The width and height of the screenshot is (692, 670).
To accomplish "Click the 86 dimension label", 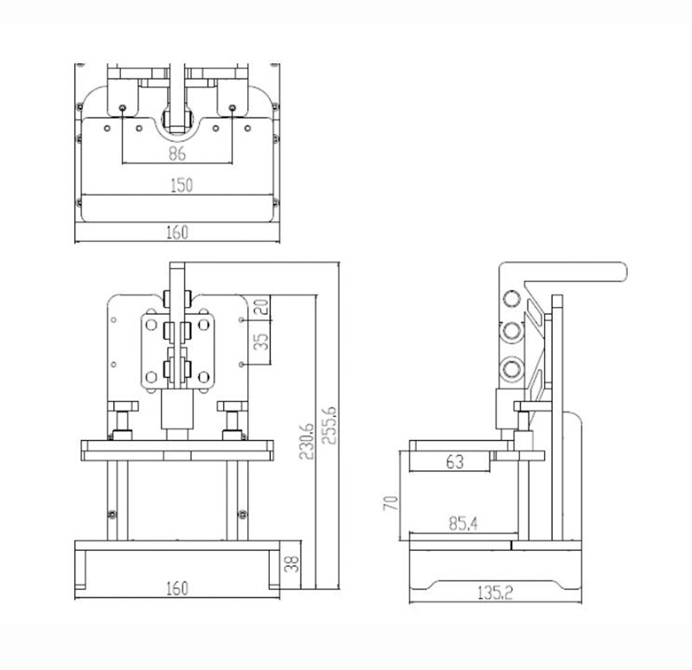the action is [177, 153].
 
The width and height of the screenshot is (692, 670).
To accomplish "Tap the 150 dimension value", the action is [182, 185].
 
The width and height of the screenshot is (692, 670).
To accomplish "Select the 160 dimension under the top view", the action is [177, 232].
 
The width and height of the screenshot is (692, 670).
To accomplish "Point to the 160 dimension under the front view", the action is [177, 588].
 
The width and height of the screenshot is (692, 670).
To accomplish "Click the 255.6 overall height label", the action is [330, 425].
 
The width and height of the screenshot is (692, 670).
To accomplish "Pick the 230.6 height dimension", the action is [306, 441].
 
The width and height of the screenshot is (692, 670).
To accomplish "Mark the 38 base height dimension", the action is [292, 564].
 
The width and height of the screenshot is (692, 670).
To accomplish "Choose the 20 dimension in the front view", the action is [262, 306].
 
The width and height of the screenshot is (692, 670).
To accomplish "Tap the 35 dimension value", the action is [262, 341].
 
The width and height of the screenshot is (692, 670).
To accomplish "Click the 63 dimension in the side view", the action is [455, 462].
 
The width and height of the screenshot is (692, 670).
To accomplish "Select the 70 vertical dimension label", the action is [391, 503].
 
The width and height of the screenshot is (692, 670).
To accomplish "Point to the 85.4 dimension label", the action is [463, 523].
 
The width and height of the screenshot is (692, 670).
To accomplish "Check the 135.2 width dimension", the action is [495, 593].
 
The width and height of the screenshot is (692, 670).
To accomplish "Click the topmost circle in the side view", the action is [511, 298].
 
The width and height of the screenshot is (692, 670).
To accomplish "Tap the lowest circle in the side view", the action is [512, 368].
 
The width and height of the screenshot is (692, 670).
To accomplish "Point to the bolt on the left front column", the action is [112, 514].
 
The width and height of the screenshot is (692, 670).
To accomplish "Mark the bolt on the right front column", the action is [242, 514].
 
